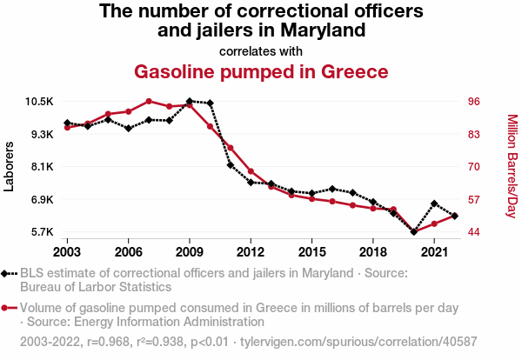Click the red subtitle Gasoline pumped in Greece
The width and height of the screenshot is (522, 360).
point(261,71)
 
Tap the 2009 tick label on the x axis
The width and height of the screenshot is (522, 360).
point(190,251)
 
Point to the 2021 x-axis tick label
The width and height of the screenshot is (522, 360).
point(434,251)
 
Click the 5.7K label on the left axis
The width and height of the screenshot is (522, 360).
point(41,232)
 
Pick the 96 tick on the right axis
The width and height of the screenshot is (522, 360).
point(474,102)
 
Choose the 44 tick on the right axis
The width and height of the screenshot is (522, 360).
point(474,232)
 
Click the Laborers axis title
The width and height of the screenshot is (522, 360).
point(10,167)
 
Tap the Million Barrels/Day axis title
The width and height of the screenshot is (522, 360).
point(512,166)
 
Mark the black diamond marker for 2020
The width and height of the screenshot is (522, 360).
point(414,232)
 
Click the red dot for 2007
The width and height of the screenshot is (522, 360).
point(149,101)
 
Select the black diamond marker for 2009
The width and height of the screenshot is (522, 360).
point(190,102)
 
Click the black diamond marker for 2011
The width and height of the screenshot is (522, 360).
point(231,165)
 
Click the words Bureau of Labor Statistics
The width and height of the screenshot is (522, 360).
point(96,286)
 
